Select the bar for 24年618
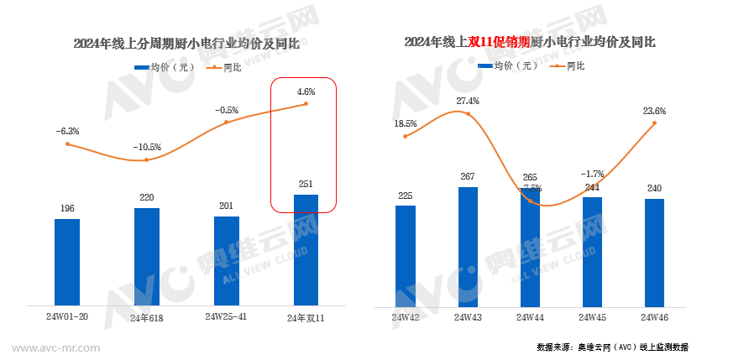(x=147, y=256)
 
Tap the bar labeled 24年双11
(x=306, y=249)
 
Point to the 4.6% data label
(x=306, y=91)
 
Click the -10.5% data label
(x=146, y=147)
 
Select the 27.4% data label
(x=468, y=102)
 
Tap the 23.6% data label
(x=654, y=110)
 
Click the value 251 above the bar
(x=306, y=184)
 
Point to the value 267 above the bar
(x=468, y=176)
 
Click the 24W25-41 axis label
(x=227, y=316)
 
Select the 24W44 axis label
(x=531, y=317)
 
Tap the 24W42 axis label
(x=406, y=317)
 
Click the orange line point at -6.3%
(x=67, y=144)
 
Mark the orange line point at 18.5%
(x=406, y=136)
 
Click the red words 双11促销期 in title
(x=498, y=41)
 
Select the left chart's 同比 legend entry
(x=223, y=68)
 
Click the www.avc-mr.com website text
(x=57, y=347)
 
